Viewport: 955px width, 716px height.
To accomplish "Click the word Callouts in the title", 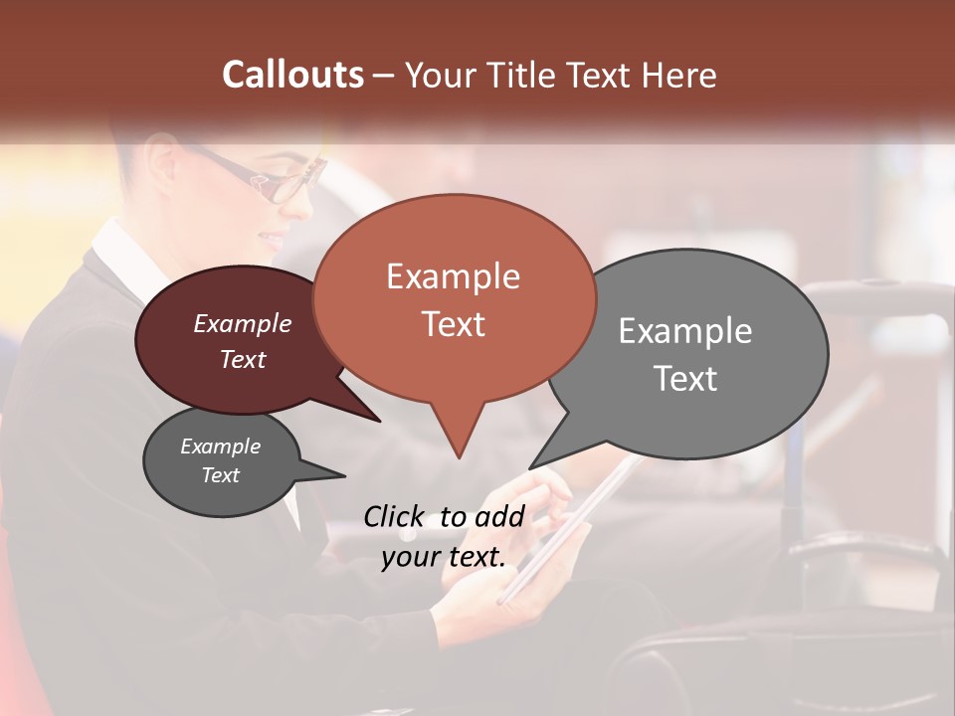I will tap(292, 75).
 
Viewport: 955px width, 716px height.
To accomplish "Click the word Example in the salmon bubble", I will tap(453, 276).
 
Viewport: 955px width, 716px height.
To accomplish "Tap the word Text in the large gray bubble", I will tap(685, 379).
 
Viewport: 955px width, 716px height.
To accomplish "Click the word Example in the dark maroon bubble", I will tap(242, 323).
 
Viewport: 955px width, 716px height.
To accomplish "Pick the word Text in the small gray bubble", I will tap(220, 475).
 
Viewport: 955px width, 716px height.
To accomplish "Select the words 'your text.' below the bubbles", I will tap(444, 557).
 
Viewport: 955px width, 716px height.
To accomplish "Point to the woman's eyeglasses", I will tap(269, 179).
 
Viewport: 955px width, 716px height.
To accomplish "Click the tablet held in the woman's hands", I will tap(567, 527).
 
